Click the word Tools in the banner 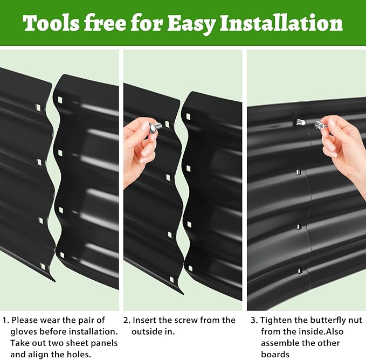coord(51,23)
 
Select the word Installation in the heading coord(281,23)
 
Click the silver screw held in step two coord(156,127)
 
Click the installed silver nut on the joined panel coord(301,122)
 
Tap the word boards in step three coord(275,355)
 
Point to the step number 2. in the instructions coord(127,320)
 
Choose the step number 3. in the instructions coord(254,320)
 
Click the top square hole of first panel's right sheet coord(60,100)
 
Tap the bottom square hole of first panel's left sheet coord(43,266)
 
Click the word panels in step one coord(104,343)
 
